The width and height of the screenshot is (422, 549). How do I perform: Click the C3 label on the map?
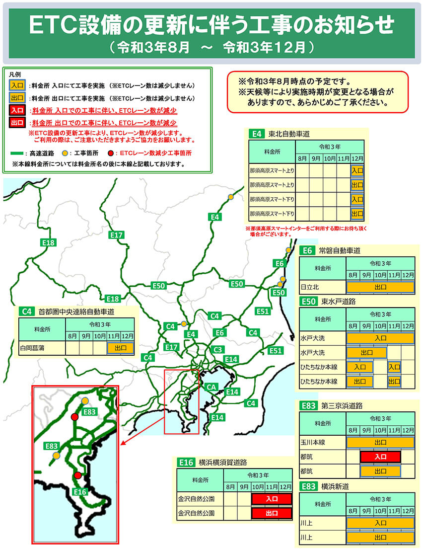(x=217, y=350)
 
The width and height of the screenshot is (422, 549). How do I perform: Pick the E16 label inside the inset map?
(x=79, y=492)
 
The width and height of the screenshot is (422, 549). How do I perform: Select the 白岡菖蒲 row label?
(x=32, y=348)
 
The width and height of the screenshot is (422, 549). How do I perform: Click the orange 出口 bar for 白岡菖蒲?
(x=121, y=348)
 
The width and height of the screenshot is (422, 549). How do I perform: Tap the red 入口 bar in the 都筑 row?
(x=380, y=457)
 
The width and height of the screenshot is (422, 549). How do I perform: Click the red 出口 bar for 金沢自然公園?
(x=272, y=513)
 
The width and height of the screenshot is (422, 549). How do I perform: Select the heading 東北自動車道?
(x=289, y=134)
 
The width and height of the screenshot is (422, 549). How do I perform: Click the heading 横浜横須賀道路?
(x=221, y=463)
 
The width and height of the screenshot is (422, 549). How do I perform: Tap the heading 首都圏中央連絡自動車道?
(x=76, y=312)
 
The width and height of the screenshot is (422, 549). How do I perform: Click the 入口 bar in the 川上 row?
(x=380, y=523)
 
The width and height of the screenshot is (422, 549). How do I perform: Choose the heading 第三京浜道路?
(x=342, y=405)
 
